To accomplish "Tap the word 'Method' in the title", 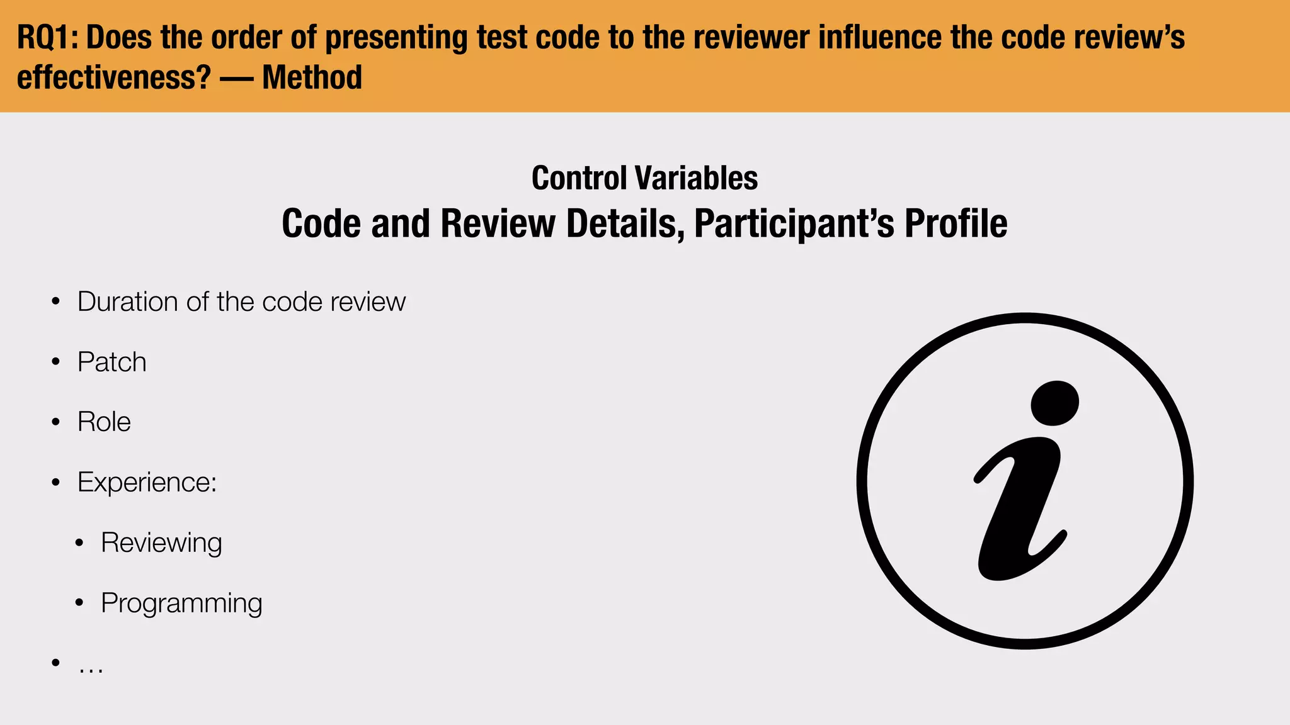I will tap(312, 78).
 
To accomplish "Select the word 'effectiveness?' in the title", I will tap(113, 78).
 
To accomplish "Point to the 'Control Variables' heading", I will tap(644, 178).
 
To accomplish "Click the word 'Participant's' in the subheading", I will tap(794, 223).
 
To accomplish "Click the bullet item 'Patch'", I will tap(112, 362).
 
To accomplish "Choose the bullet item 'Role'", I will tap(104, 422).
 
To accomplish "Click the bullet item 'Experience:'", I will tap(147, 483).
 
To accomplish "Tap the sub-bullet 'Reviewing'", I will tap(161, 543).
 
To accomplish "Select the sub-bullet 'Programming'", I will tap(181, 604).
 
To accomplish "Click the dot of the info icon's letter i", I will tap(1054, 403).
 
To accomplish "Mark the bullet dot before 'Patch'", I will tap(56, 362).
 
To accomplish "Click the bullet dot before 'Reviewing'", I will tap(79, 543).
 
